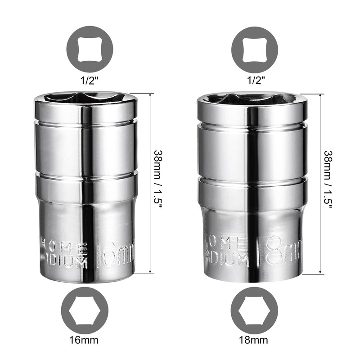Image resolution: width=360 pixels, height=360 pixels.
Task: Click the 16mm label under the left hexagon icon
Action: point(85,339)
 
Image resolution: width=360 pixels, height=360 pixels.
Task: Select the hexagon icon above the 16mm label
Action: point(85,310)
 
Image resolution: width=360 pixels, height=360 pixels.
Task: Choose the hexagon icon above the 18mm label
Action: point(254,310)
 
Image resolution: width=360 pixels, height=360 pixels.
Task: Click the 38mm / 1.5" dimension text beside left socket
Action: point(158,184)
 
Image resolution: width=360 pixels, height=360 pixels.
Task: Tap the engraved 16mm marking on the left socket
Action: point(115,255)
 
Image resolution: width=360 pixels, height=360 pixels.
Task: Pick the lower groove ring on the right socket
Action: point(252,180)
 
